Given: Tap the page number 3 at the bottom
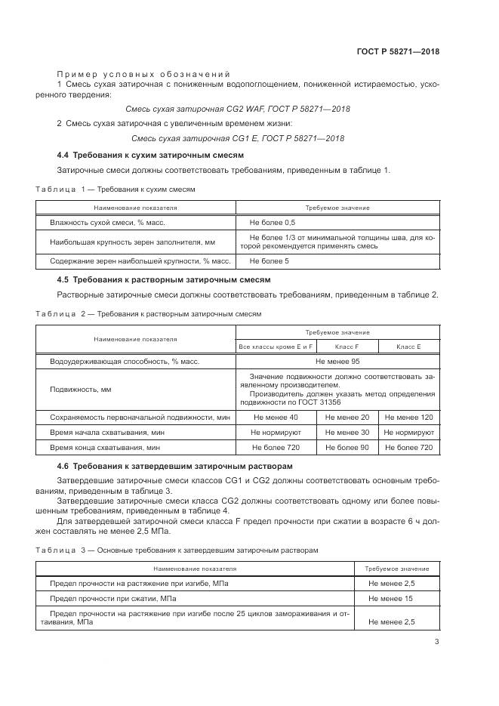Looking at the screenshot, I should point(437,642).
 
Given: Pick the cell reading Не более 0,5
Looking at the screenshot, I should point(273,223).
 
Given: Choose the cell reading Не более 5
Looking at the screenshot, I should point(269,261).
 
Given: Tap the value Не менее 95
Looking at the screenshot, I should point(337,362).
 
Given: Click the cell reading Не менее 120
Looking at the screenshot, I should point(408,417).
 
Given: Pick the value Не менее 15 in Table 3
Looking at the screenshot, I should point(391,598).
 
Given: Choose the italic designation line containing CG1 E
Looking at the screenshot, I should point(238,138).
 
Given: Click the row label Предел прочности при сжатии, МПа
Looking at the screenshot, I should point(113,598).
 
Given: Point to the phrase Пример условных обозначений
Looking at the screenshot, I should point(143,73).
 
